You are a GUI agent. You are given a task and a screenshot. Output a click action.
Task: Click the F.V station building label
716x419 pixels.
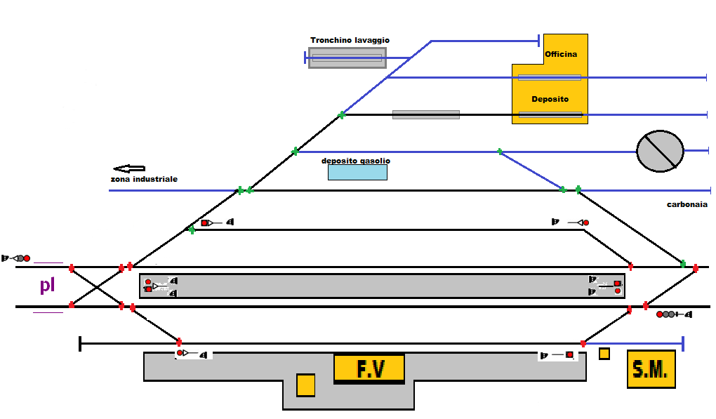(369, 369)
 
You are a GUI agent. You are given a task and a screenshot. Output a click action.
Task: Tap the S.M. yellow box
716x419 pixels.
(651, 369)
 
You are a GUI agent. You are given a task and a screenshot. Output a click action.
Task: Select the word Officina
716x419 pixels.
(561, 54)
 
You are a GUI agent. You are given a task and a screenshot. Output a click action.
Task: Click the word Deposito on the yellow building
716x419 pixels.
(550, 99)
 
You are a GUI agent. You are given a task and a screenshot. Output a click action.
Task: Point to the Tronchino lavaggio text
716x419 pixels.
(350, 41)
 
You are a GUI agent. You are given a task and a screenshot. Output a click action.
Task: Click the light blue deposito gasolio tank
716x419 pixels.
(357, 173)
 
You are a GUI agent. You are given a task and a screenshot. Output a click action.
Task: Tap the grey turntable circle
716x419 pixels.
(660, 151)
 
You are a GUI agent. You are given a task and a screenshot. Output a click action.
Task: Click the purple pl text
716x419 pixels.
(47, 286)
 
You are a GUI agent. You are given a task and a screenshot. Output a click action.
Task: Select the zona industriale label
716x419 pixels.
(144, 180)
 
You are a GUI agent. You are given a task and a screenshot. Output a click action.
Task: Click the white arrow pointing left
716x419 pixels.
(129, 168)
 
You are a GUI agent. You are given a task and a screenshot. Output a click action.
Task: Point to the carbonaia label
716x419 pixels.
(687, 204)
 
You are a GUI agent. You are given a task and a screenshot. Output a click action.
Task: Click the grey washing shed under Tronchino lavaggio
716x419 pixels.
(347, 58)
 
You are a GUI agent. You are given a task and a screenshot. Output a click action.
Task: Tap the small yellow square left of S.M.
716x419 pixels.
(604, 354)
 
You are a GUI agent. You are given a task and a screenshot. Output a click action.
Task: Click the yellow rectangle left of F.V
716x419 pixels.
(305, 385)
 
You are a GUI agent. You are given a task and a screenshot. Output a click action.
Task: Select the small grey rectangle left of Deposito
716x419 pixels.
(425, 114)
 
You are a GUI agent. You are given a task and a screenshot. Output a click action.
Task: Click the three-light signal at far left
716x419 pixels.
(17, 258)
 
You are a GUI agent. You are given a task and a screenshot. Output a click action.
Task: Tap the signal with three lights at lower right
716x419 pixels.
(673, 314)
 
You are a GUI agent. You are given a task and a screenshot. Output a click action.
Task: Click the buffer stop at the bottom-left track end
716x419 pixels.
(81, 344)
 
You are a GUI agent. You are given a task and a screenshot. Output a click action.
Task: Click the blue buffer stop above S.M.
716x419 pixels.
(682, 343)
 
